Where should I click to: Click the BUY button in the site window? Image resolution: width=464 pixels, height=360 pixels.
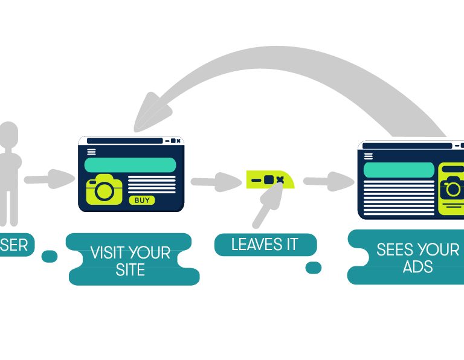click(142, 200)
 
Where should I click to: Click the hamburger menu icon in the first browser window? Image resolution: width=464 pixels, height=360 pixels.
click(91, 152)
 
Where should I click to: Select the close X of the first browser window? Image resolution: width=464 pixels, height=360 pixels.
click(179, 141)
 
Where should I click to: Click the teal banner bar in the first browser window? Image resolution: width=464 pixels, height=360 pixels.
click(130, 165)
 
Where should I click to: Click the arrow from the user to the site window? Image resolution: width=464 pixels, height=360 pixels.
click(48, 179)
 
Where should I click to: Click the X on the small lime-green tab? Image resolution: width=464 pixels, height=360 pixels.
click(280, 180)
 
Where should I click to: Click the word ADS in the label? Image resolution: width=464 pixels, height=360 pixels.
click(418, 266)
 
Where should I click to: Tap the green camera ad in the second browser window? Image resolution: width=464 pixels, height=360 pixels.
click(451, 188)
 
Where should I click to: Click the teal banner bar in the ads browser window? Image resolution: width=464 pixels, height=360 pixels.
click(399, 170)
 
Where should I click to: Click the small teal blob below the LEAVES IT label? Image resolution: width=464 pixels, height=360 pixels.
click(313, 268)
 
